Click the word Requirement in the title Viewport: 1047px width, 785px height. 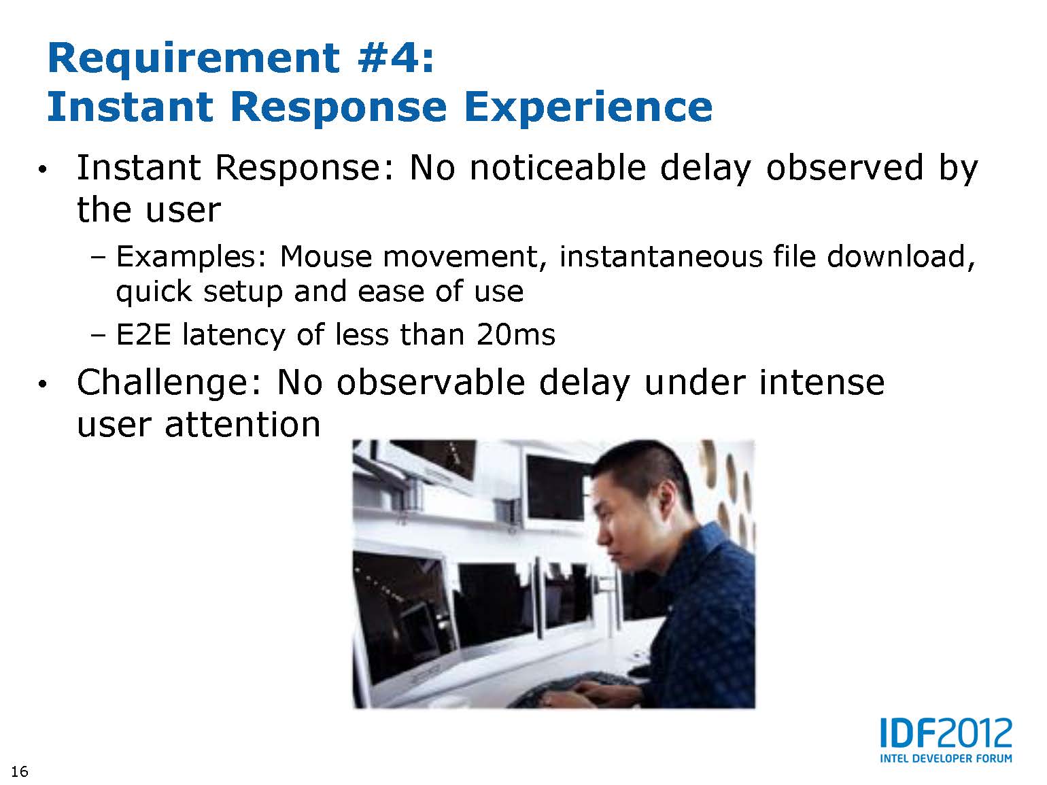194,60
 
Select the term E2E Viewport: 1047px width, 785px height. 143,334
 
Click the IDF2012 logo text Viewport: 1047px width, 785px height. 946,733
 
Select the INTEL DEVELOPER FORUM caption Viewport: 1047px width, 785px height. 946,758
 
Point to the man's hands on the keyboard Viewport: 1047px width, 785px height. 602,689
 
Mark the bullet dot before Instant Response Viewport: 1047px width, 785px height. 42,169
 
